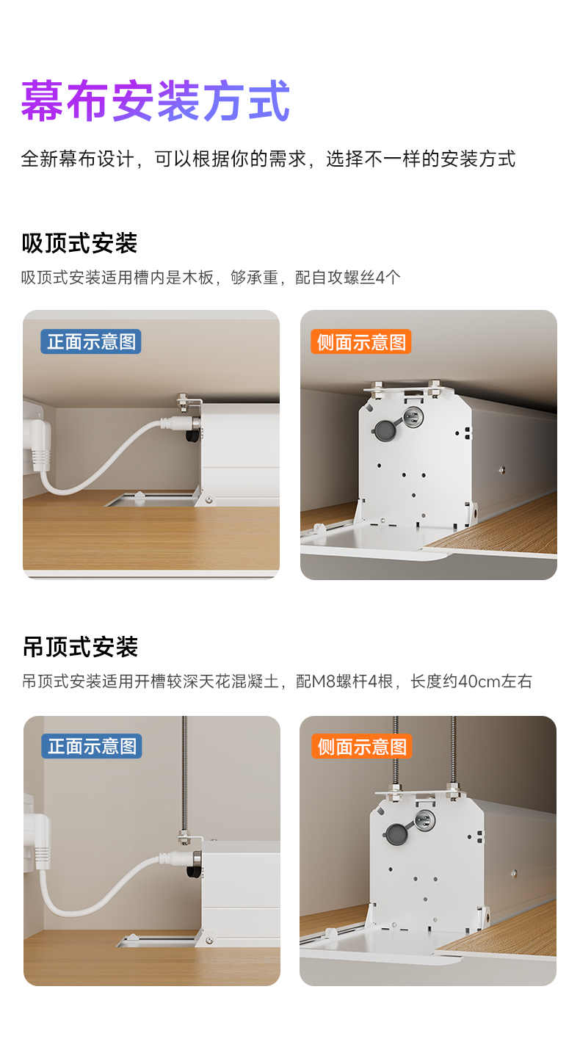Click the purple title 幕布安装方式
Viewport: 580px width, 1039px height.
[x=156, y=101]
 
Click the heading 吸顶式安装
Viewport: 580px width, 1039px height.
[x=80, y=243]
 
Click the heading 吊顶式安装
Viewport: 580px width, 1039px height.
[x=80, y=647]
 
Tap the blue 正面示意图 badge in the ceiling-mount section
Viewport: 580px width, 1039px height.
[x=91, y=342]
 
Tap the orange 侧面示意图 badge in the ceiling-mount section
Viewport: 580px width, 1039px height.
[x=360, y=342]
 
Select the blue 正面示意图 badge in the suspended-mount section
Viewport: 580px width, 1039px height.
[x=91, y=746]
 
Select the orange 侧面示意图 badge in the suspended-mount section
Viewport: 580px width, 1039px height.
[x=362, y=746]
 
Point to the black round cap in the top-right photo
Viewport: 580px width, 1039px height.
[x=384, y=430]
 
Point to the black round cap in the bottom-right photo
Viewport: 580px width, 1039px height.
[x=396, y=833]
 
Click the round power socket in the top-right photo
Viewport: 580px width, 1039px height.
[x=412, y=416]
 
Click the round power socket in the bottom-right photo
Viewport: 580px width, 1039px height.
[x=424, y=821]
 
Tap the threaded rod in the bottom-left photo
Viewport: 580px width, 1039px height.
[x=184, y=775]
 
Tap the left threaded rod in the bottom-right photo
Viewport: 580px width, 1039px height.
[x=396, y=750]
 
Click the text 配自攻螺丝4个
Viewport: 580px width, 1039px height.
[x=348, y=278]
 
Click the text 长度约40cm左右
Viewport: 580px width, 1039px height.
[x=471, y=681]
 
